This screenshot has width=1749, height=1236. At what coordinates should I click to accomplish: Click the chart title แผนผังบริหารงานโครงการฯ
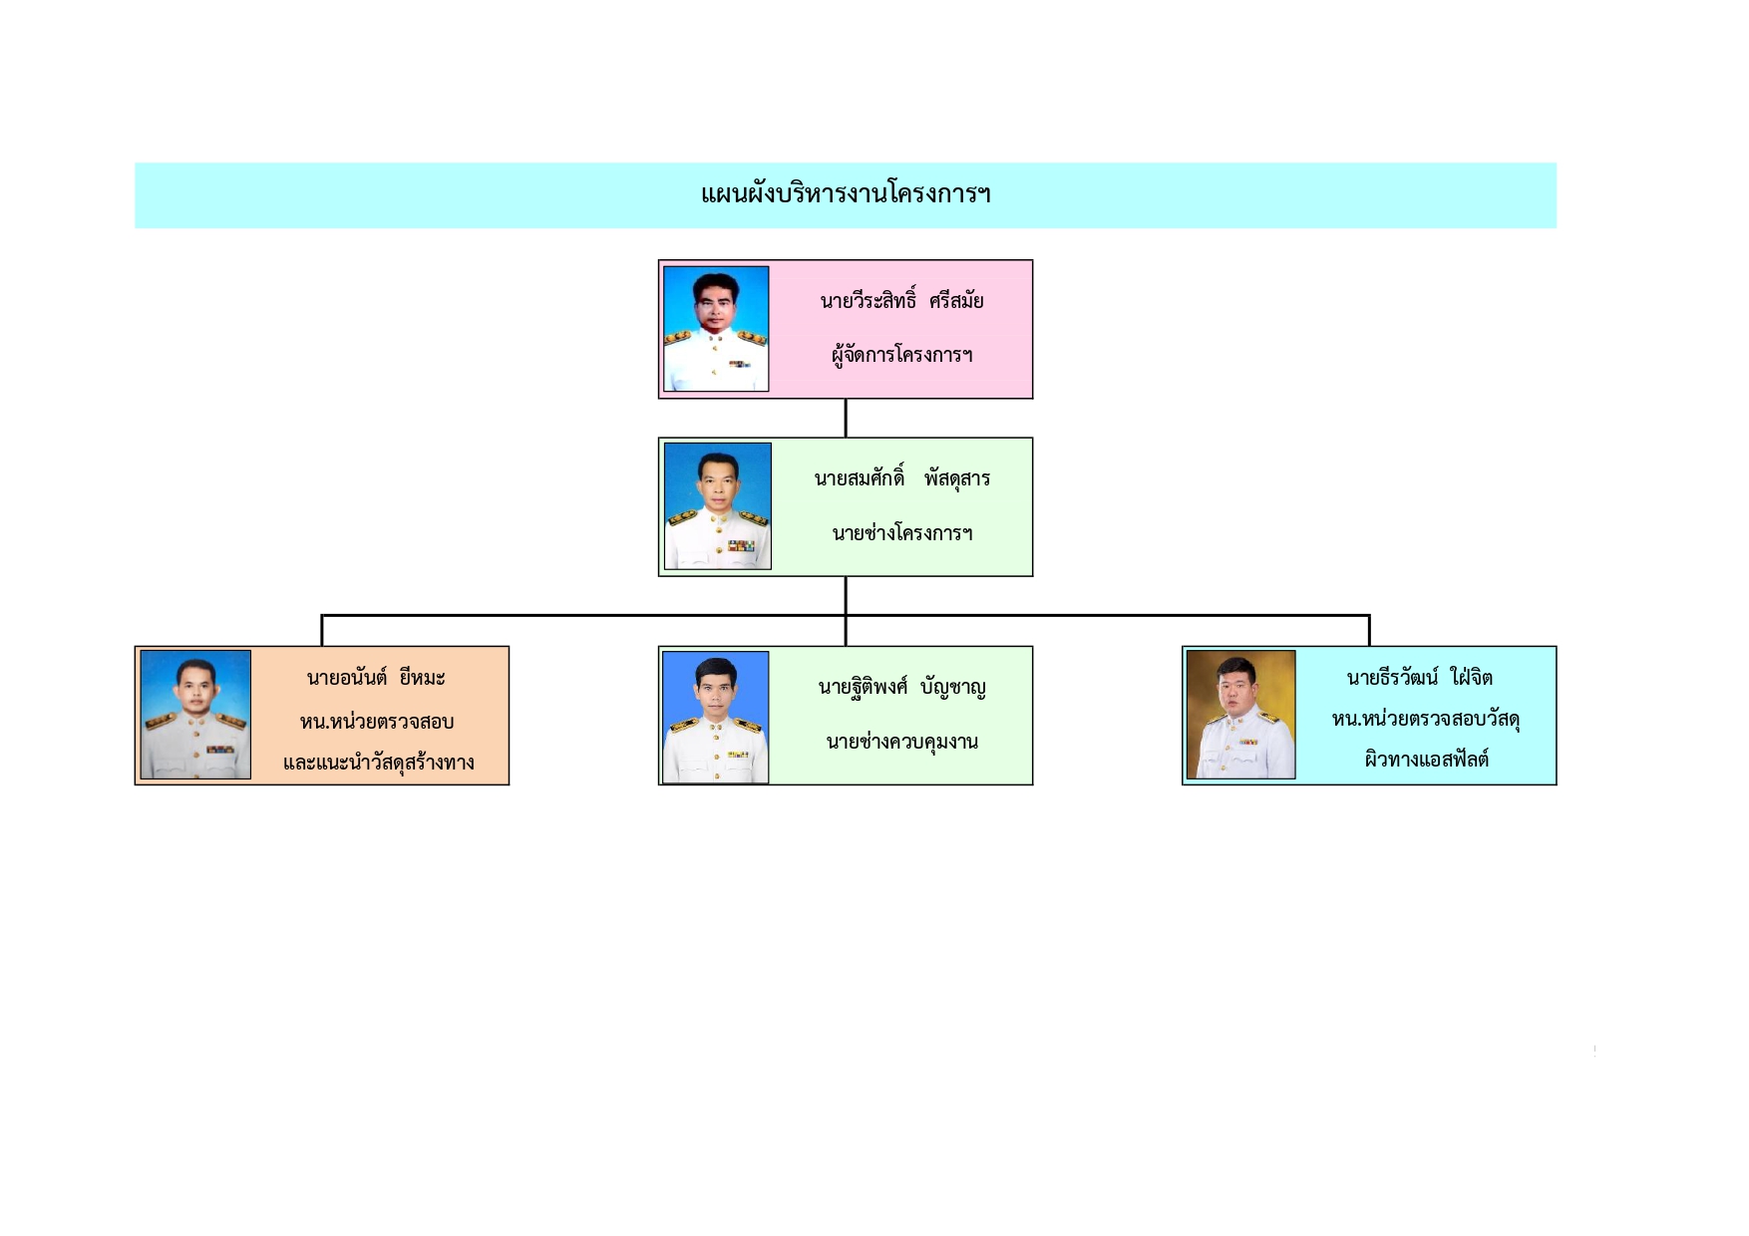pos(846,193)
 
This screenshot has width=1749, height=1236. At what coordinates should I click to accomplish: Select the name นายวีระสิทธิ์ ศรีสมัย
pos(901,301)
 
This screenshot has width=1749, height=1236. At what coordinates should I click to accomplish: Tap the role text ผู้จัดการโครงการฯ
pos(901,355)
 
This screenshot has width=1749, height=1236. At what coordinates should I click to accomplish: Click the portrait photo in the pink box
pos(716,329)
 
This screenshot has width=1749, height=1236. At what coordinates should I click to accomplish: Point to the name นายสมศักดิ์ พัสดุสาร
pos(901,478)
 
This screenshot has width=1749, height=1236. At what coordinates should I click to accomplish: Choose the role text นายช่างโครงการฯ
pos(901,533)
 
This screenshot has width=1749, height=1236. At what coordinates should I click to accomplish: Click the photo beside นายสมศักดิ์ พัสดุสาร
pos(718,506)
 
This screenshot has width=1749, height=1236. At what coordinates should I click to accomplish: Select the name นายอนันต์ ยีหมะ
pos(376,679)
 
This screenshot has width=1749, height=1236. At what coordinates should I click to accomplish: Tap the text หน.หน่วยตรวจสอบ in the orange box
pos(377,722)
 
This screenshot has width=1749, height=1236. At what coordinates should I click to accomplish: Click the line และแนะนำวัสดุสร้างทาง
pos(378,764)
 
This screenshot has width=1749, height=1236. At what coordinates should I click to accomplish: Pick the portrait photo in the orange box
pos(195,715)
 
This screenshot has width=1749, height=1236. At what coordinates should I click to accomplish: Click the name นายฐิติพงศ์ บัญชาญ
pos(901,688)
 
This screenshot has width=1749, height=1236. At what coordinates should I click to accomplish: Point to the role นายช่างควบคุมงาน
pos(901,742)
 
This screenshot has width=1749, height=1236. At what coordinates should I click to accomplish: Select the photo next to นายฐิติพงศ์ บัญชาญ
pos(716,717)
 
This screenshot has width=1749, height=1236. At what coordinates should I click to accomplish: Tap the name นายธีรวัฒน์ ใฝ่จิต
pos(1419,679)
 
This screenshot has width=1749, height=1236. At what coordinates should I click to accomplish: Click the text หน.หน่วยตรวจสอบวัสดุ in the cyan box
pos(1425,720)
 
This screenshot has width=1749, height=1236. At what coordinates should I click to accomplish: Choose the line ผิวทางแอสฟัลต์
pos(1426,760)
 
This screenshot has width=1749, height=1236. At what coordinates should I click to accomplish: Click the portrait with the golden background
pos(1240,715)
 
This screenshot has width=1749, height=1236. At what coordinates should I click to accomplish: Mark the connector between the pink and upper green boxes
pos(846,419)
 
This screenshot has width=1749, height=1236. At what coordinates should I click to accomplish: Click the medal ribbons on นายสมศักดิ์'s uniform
pos(741,546)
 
